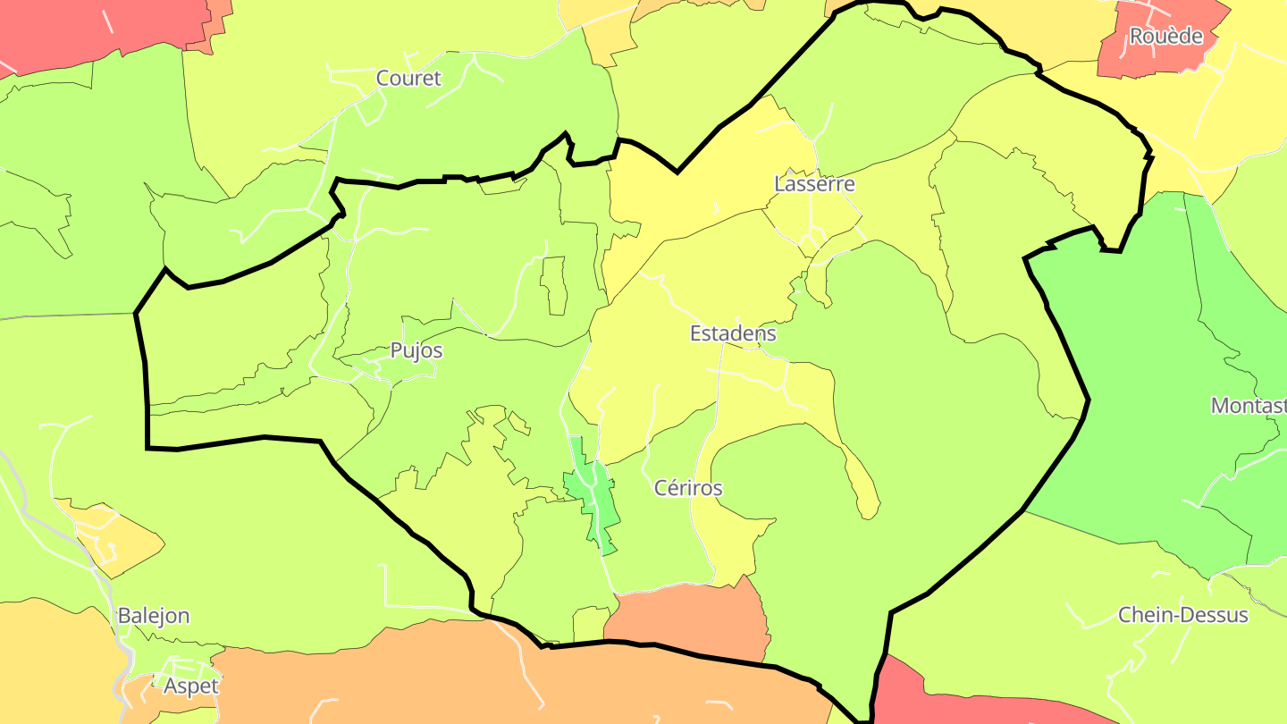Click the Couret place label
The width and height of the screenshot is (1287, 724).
point(408,79)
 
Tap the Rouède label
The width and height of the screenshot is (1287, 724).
point(1165,37)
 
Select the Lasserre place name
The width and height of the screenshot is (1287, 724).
point(814,185)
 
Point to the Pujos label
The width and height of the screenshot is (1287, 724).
point(416,351)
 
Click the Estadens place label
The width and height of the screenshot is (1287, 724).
point(733,334)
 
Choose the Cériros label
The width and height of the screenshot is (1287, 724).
point(688,489)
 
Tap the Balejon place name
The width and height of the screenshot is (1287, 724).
point(154,617)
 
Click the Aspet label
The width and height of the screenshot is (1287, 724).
point(191,686)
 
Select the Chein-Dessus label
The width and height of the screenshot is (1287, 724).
point(1182,616)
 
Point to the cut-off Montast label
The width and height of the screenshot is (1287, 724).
point(1249,406)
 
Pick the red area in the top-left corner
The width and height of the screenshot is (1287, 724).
point(89,27)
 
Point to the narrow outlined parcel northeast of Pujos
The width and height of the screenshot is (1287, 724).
point(554,285)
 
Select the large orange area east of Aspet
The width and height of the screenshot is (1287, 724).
point(447,679)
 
